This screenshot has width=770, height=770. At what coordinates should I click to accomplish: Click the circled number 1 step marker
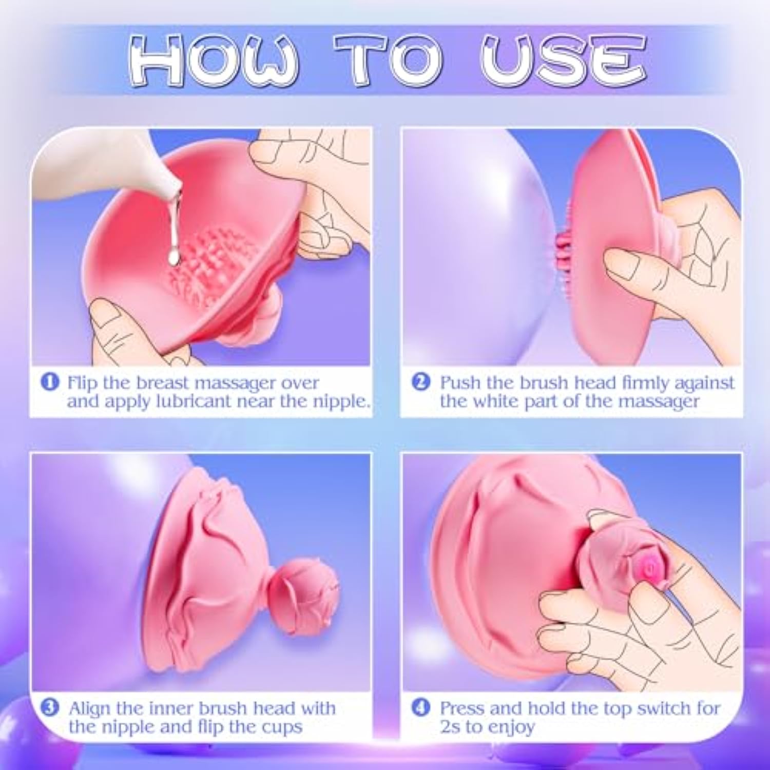(50, 382)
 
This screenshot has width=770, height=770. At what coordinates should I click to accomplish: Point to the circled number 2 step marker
(421, 382)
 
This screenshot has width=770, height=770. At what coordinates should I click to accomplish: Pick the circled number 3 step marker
(50, 708)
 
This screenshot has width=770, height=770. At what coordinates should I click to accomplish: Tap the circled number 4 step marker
(421, 708)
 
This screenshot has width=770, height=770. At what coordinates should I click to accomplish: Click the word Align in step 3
(89, 708)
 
